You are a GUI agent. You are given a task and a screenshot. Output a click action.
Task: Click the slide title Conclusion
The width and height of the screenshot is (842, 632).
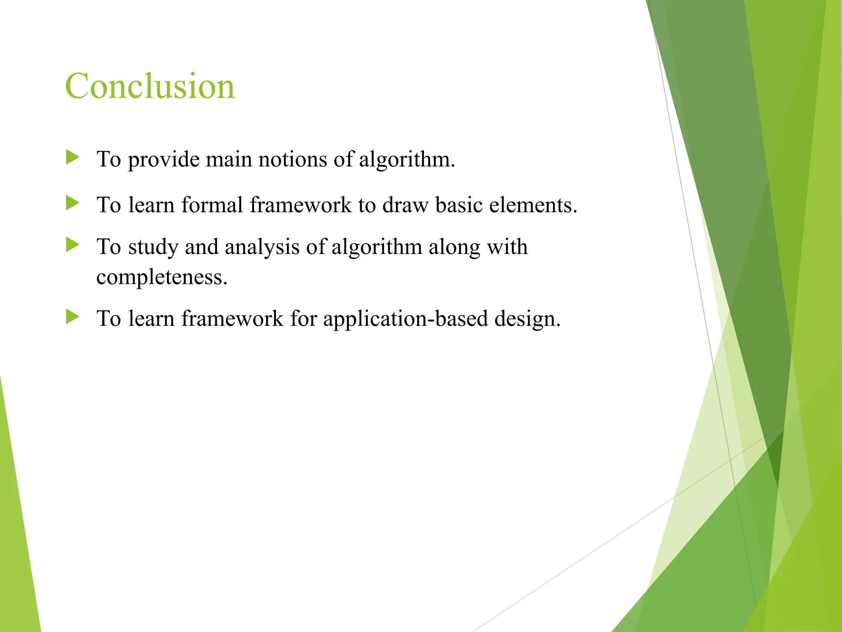click(150, 86)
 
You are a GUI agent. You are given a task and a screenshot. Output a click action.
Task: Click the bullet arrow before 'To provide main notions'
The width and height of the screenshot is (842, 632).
click(72, 157)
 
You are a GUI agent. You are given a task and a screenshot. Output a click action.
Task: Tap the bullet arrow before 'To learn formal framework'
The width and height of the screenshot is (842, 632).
click(72, 203)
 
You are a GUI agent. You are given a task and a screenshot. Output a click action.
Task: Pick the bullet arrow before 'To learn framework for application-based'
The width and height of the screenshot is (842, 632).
click(72, 317)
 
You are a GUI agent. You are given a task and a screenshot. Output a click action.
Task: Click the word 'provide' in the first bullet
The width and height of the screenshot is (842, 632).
click(164, 160)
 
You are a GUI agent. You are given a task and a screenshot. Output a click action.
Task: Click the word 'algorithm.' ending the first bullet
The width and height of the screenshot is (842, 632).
click(407, 160)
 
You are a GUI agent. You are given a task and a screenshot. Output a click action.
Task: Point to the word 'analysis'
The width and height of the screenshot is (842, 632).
click(262, 247)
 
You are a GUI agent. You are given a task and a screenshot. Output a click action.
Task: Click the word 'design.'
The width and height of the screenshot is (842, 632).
click(527, 319)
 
